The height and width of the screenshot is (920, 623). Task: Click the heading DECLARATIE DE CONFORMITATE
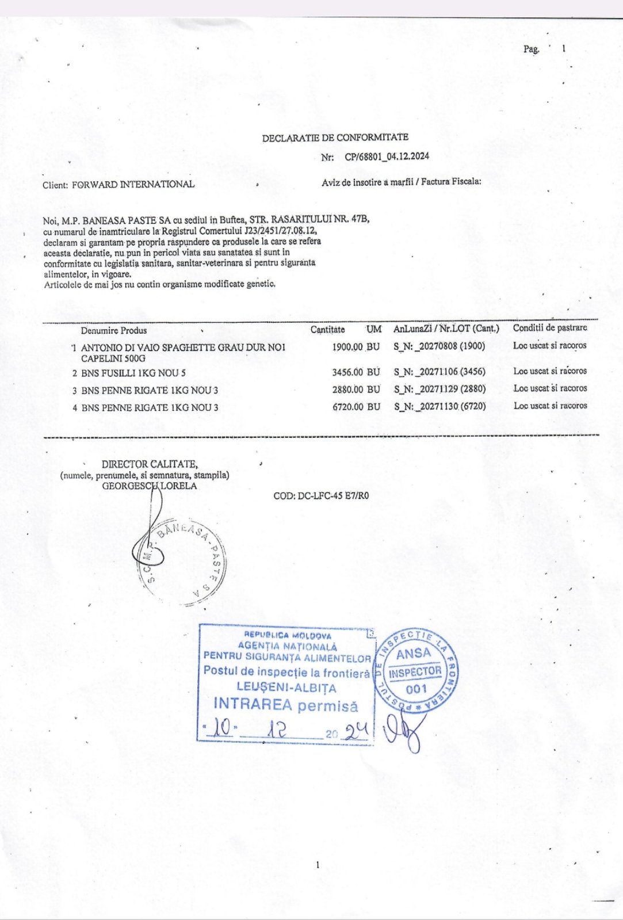335,138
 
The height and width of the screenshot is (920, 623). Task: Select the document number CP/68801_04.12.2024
387,156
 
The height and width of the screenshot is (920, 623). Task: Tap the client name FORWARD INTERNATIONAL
133,185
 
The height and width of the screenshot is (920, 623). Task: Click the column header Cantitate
327,330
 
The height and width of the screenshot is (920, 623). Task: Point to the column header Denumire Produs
114,330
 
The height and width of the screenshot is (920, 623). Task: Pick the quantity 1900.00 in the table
347,347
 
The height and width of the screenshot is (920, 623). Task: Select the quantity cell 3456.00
347,372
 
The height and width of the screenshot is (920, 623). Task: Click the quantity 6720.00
347,407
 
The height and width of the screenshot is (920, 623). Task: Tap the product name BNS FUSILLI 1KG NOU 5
133,373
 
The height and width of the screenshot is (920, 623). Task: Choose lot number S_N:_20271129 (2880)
439,389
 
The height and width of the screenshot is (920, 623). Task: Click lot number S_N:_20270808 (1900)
439,346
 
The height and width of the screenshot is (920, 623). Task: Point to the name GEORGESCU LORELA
149,486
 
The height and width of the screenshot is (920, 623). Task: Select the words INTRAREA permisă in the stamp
285,705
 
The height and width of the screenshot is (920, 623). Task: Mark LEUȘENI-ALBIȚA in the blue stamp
286,688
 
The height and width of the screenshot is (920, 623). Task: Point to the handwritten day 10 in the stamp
220,728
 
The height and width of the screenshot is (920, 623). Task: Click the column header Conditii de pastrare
549,328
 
